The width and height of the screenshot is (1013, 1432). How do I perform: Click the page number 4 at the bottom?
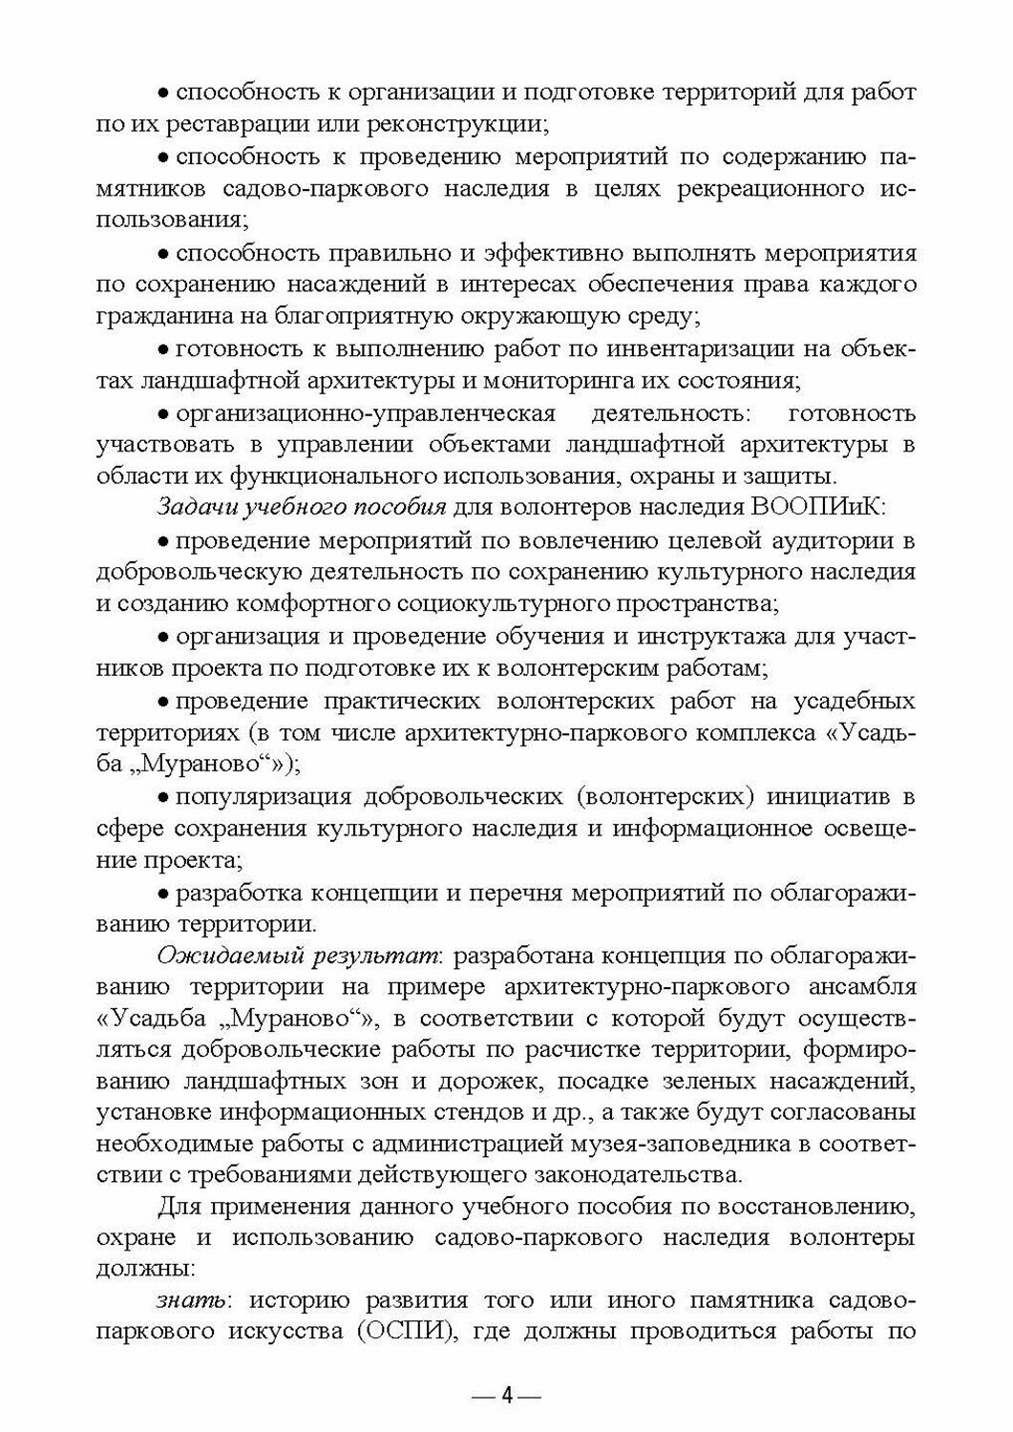[507, 1396]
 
